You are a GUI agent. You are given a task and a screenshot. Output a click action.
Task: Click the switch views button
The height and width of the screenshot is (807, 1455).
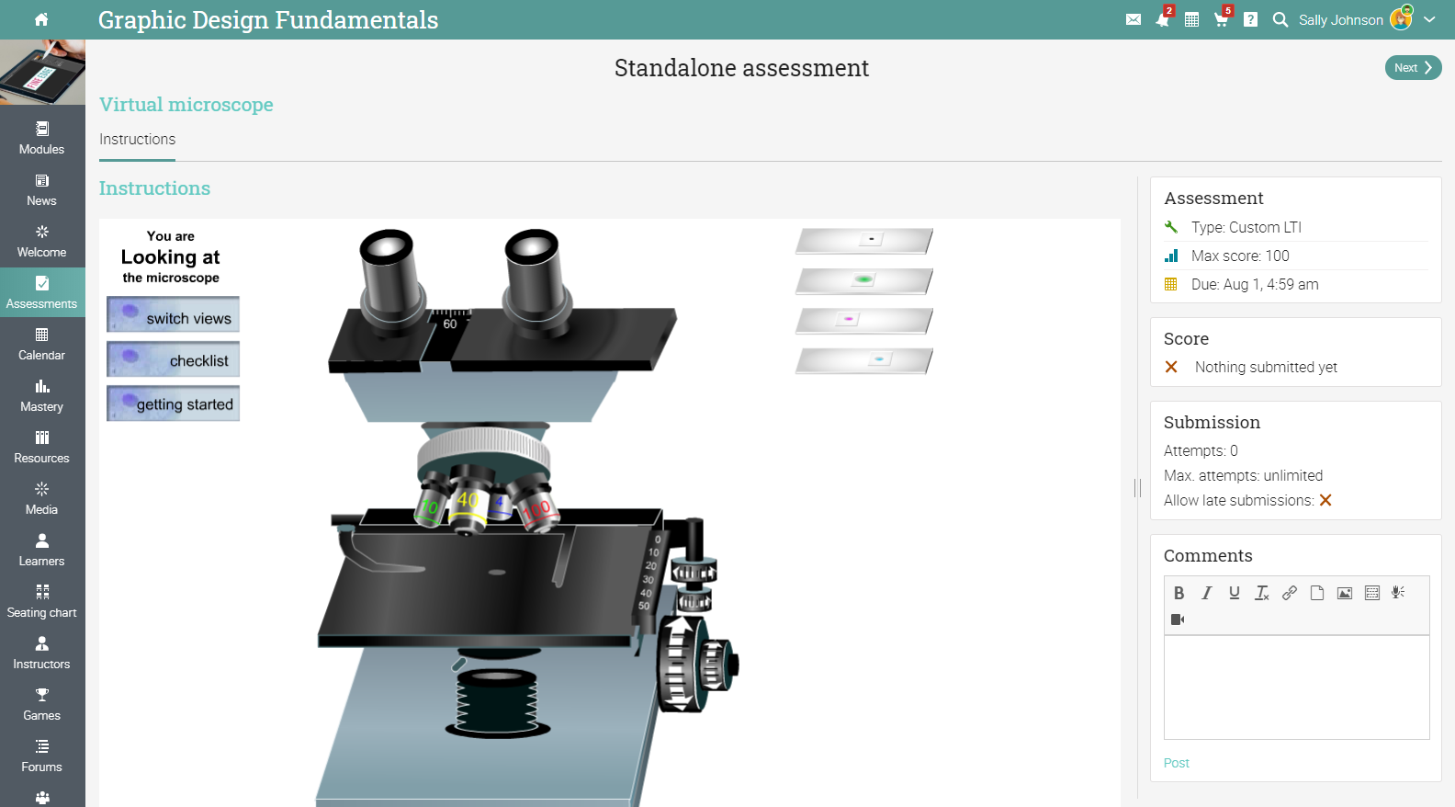pyautogui.click(x=173, y=314)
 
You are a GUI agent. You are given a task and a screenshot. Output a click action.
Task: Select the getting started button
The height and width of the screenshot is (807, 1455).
pyautogui.click(x=173, y=403)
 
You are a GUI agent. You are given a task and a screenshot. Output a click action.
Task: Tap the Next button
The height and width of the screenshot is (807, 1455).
pyautogui.click(x=1413, y=68)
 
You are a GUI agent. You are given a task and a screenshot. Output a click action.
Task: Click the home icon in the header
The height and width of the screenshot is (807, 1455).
pyautogui.click(x=41, y=19)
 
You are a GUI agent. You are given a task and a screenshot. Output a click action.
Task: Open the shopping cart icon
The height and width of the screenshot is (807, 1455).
pyautogui.click(x=1221, y=19)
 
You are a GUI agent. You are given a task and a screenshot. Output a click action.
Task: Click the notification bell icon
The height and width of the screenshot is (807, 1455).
pyautogui.click(x=1163, y=19)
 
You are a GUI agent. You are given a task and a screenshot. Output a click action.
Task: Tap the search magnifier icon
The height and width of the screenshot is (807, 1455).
pyautogui.click(x=1280, y=19)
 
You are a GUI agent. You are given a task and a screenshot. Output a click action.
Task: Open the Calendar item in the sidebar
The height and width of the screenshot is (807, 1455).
pyautogui.click(x=41, y=345)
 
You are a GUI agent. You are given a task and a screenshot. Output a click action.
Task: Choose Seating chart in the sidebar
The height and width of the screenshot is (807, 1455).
pyautogui.click(x=41, y=602)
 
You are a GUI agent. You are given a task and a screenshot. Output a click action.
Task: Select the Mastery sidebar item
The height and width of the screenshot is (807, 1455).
pyautogui.click(x=41, y=396)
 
